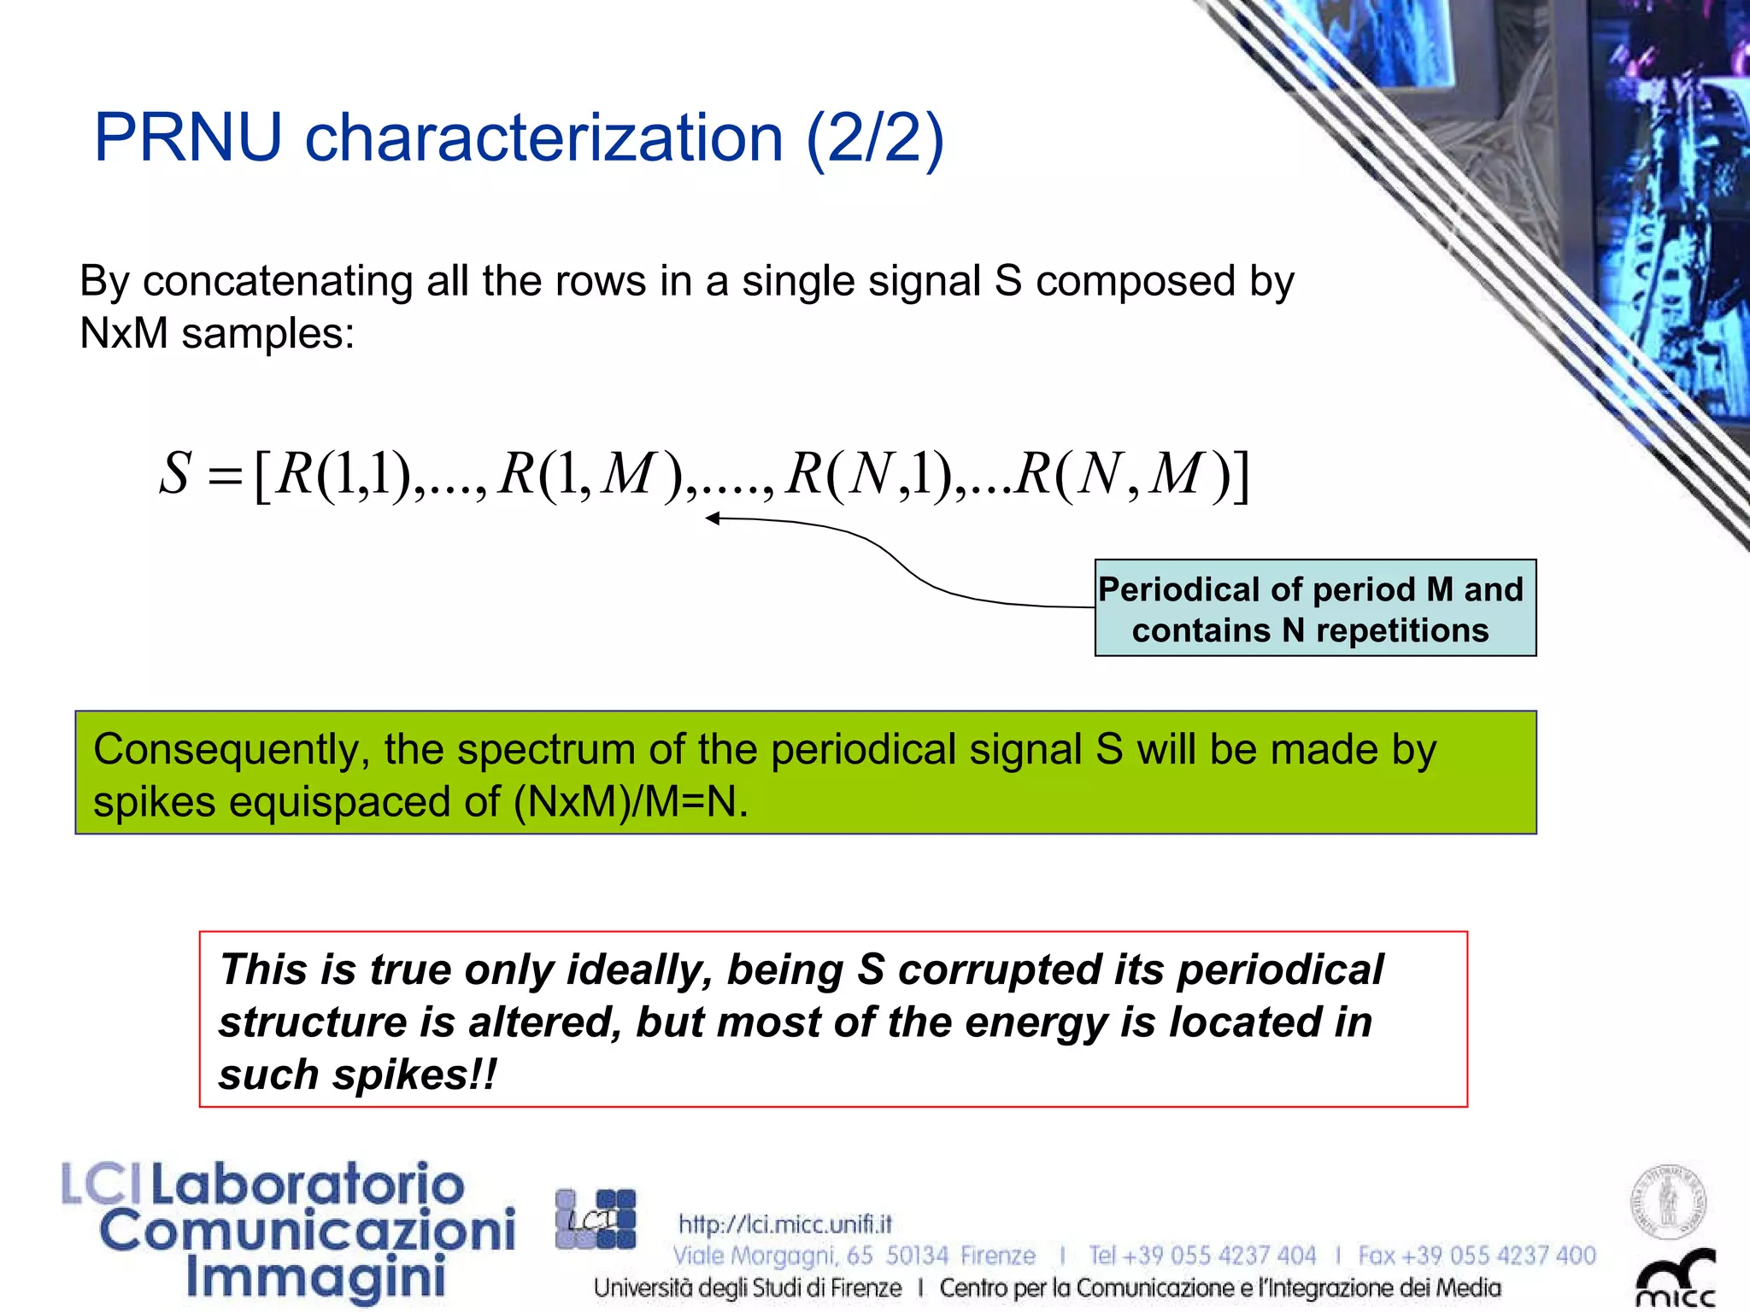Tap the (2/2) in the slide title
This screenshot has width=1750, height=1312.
[x=875, y=138]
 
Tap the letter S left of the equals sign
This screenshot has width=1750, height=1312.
[x=175, y=474]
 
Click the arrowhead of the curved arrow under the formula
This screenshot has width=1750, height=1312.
[x=713, y=518]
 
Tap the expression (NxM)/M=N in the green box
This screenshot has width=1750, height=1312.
[x=630, y=802]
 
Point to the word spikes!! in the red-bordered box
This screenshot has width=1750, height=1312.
[x=414, y=1075]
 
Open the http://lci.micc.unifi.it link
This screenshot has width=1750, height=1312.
[x=784, y=1224]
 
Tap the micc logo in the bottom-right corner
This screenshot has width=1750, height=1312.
[x=1675, y=1279]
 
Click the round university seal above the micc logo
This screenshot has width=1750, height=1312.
[x=1668, y=1201]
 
